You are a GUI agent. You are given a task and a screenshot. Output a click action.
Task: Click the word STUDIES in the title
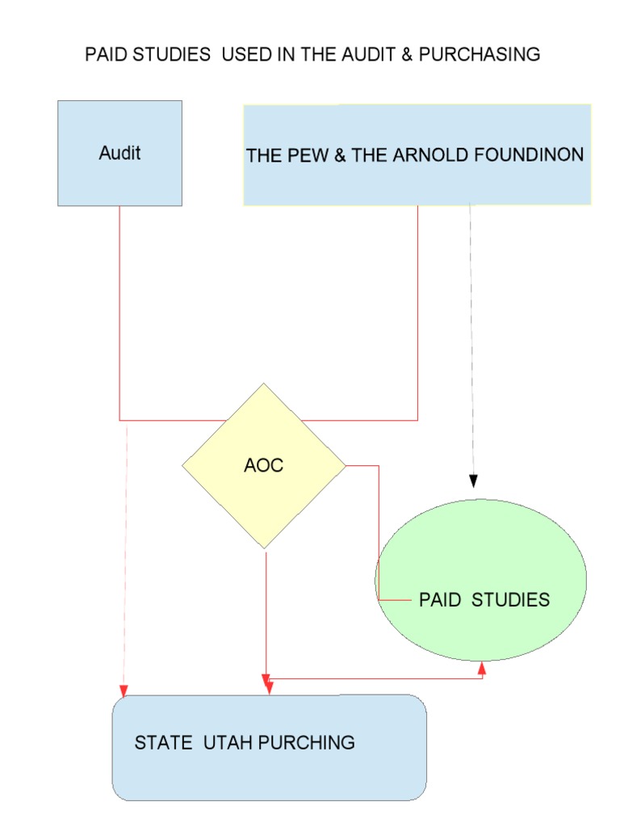point(170,55)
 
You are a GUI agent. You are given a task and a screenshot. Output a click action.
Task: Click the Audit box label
point(119,153)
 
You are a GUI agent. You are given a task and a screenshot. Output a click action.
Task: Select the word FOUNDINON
point(530,155)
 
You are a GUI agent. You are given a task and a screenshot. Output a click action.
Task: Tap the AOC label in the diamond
point(264,466)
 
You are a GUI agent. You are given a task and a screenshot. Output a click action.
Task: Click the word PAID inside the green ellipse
point(440,600)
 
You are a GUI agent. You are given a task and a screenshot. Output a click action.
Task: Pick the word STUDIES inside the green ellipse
point(510,600)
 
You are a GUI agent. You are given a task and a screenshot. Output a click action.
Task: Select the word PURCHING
point(307,742)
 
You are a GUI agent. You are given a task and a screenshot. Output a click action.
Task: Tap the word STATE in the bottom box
point(161,742)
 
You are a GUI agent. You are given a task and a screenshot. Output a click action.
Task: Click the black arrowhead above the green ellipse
point(474,481)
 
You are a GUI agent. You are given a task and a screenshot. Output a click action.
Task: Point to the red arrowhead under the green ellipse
point(483,667)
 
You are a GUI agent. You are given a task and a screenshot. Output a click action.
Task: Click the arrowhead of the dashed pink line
point(124,690)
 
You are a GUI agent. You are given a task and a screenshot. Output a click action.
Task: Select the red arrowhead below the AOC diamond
point(267,686)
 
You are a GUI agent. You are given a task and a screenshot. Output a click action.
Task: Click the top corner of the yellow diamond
point(264,384)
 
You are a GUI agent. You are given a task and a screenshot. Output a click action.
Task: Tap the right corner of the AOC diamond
point(345,465)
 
